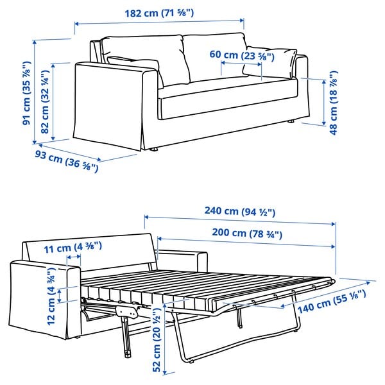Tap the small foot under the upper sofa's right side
click(292, 122)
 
